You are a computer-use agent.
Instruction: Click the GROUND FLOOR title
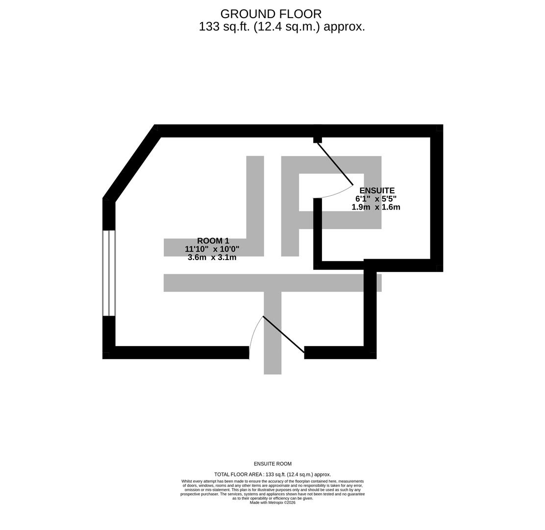click(271, 14)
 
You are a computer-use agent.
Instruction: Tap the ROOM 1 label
click(213, 241)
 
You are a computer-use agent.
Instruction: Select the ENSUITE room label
click(376, 190)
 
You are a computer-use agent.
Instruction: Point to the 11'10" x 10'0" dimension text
click(212, 249)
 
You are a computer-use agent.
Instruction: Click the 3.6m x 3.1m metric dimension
click(212, 258)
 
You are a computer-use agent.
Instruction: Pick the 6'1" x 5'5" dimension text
click(375, 199)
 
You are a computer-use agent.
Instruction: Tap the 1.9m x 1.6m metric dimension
click(375, 207)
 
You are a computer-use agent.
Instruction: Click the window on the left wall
click(109, 273)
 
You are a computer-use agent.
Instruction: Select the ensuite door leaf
click(335, 164)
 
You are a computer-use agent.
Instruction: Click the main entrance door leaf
click(283, 334)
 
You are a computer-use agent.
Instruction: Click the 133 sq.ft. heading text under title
click(281, 27)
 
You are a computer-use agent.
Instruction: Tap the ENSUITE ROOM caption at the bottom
click(272, 464)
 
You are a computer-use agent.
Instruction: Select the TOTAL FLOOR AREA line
click(272, 475)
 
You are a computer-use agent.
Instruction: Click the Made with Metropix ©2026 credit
click(272, 503)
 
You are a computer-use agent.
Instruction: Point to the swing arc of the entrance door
click(253, 334)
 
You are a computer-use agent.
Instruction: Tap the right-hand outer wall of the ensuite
click(437, 196)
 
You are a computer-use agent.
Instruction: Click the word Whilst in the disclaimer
click(188, 481)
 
